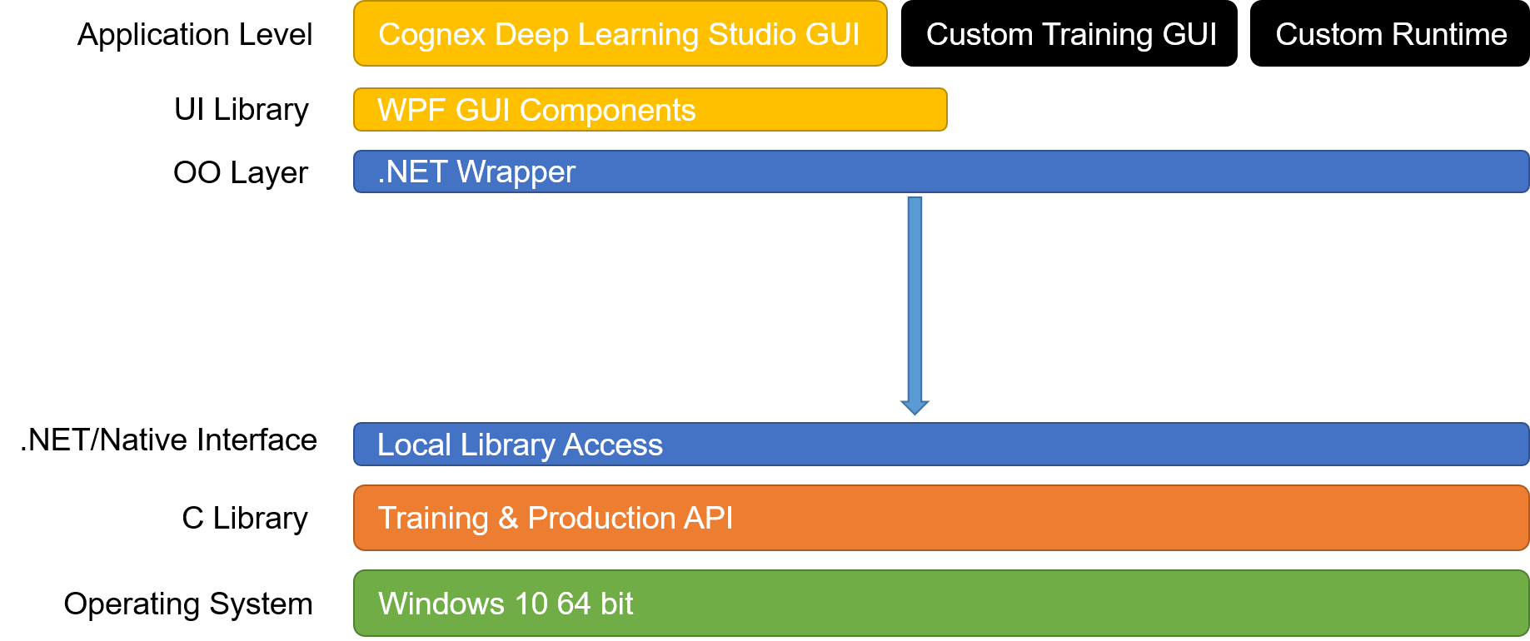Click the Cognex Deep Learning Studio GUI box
point(620,34)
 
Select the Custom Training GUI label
point(1071,35)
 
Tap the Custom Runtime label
point(1391,35)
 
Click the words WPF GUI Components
point(536,111)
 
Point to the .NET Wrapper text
point(476,172)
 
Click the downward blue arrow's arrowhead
point(915,406)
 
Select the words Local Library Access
point(520,445)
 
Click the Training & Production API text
point(556,519)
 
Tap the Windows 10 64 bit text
point(506,604)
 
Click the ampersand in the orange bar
point(508,519)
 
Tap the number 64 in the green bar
point(574,604)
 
